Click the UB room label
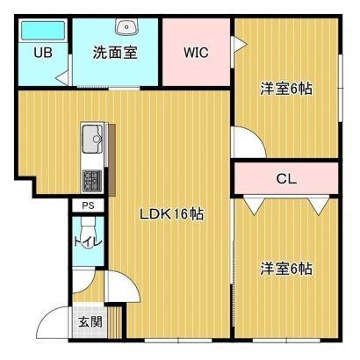[43, 53]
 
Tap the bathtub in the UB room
[43, 31]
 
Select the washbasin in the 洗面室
[126, 26]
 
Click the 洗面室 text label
[115, 53]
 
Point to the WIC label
[196, 53]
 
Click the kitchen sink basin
[92, 139]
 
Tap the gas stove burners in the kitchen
[92, 181]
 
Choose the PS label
[88, 205]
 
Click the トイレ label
[88, 242]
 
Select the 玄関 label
[90, 322]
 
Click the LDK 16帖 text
[172, 214]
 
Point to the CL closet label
[286, 178]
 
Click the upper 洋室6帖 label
[286, 89]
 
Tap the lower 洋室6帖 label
[286, 269]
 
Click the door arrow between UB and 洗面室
[63, 78]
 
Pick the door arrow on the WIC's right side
[240, 45]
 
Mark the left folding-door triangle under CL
[255, 206]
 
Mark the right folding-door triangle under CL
[319, 206]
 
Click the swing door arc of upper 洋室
[259, 135]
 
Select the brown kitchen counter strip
[112, 160]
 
